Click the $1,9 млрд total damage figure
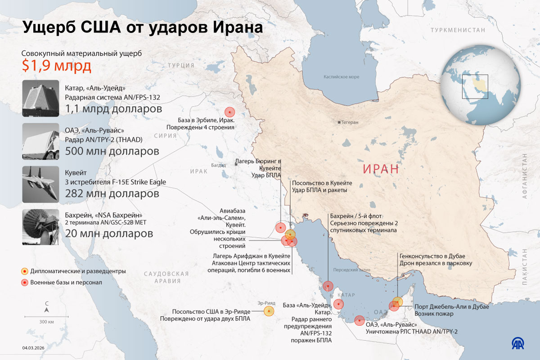(57, 66)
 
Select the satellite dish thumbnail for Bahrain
(41, 227)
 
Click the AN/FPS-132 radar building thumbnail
(41, 98)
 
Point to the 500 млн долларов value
(112, 151)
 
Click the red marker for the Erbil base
(230, 112)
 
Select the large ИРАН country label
(381, 169)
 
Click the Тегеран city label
(349, 122)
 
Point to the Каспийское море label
(342, 77)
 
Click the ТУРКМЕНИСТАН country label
(458, 30)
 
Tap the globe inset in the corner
(480, 85)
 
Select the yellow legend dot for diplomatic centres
(25, 271)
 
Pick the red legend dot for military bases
(25, 283)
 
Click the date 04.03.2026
(34, 347)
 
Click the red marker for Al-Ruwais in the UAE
(359, 320)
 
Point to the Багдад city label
(219, 165)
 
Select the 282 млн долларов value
(112, 194)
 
